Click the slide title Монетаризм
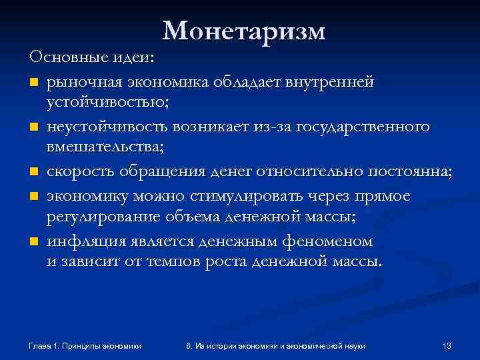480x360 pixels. (x=243, y=30)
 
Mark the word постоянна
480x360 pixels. (x=410, y=171)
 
